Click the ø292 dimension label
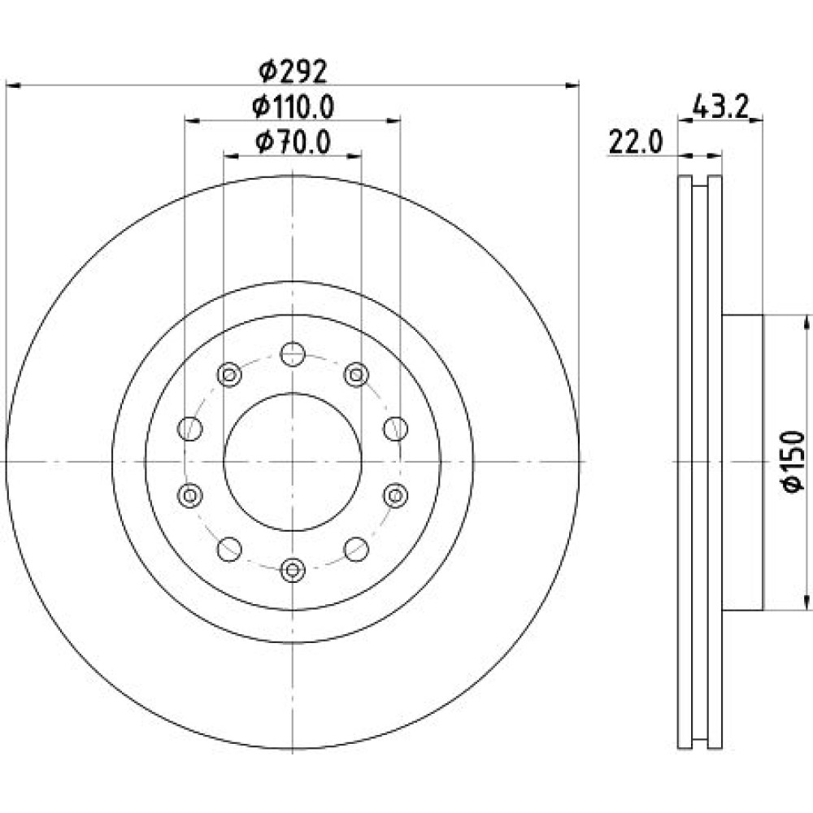293,72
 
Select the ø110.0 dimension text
293,107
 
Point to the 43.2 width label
720,107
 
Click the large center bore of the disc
293,462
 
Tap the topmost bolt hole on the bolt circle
293,354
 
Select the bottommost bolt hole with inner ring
293,570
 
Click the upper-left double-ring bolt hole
229,374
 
